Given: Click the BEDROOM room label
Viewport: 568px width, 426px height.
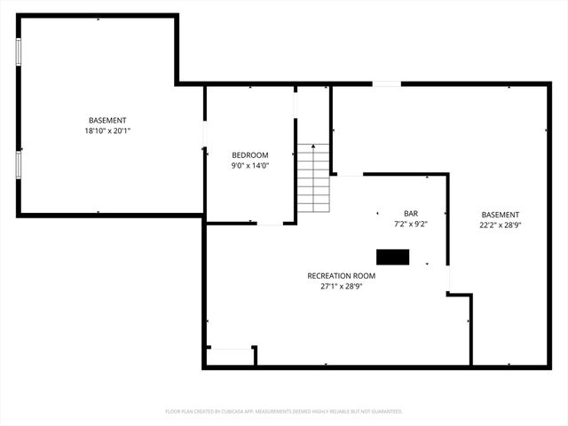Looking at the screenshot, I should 250,154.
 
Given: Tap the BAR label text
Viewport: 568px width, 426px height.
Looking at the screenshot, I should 411,213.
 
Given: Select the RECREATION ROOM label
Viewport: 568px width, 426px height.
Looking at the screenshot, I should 342,276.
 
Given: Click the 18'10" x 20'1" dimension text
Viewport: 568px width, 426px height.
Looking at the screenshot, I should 107,130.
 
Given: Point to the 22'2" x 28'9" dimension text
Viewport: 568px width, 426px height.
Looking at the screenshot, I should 501,225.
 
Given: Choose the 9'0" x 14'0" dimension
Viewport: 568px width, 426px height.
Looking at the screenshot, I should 250,165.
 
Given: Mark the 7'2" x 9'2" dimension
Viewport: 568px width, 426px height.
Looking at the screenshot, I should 411,224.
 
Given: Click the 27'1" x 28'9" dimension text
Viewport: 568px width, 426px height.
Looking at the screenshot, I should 342,287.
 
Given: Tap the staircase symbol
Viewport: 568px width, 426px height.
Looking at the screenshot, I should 313,177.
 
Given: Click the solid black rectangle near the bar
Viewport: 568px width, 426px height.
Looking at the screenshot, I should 393,257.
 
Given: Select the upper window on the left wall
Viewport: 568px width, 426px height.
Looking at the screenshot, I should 18,51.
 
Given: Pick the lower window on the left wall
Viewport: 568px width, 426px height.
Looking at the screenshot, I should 18,164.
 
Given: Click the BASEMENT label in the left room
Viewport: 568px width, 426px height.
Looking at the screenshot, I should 107,121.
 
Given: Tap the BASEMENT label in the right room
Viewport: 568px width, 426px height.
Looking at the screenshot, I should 501,215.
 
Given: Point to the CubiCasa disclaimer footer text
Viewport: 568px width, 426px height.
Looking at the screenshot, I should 284,412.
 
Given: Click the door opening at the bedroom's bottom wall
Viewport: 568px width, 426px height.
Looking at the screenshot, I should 270,224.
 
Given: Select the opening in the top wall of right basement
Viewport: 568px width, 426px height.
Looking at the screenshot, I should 386,84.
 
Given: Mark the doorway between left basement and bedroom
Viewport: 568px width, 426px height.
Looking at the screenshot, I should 205,135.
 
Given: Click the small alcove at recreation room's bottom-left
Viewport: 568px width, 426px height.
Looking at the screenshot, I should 230,356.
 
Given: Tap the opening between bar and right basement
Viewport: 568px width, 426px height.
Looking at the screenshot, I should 448,279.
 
